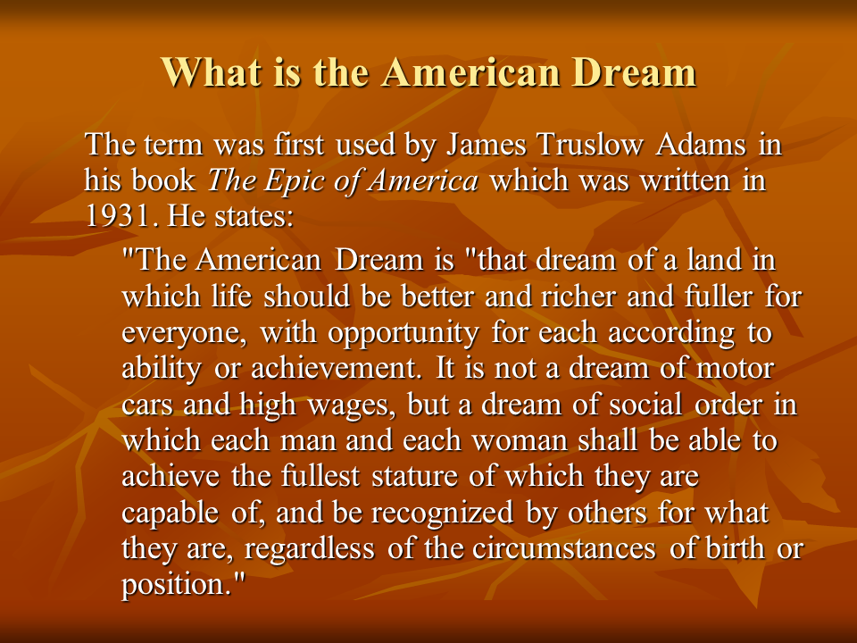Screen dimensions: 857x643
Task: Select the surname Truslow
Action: pos(590,145)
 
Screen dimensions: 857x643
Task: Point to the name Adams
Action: pos(702,145)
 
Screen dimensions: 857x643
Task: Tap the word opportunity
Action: pos(404,333)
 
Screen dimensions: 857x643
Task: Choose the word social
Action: pos(645,405)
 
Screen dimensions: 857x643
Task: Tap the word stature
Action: pos(414,476)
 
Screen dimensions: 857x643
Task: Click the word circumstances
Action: pos(564,549)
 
